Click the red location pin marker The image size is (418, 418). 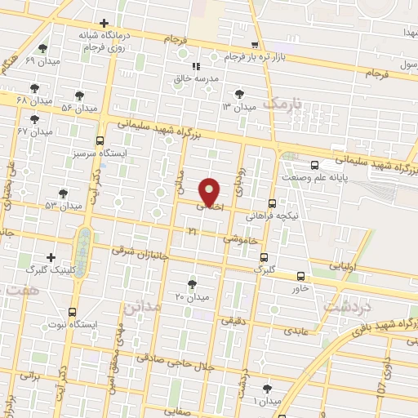210,193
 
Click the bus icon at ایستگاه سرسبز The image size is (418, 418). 100,140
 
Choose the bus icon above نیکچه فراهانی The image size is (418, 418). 272,203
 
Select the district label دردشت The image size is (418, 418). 348,306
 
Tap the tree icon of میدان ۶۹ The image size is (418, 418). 42,49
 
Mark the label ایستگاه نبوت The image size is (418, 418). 73,324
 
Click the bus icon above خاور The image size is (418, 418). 301,276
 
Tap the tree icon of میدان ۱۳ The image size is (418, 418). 238,94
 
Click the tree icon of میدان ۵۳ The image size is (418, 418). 63,193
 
